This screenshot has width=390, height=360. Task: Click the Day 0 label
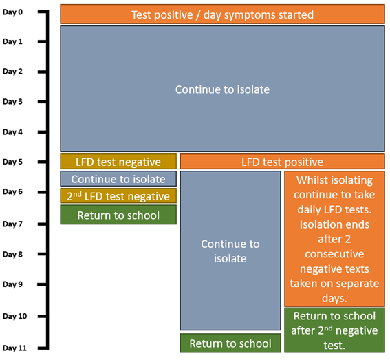(12, 12)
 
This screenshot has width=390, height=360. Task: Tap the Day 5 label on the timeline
(12, 162)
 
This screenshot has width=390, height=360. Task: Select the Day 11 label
(14, 348)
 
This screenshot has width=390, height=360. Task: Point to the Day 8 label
(12, 254)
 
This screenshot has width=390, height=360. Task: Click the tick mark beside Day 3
(42, 102)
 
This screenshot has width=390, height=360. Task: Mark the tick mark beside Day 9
(42, 284)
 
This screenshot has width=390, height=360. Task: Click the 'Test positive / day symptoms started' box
(222, 14)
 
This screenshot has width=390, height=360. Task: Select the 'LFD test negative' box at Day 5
(118, 162)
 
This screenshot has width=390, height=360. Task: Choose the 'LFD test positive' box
(282, 162)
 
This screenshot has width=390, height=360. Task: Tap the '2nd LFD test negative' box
(118, 196)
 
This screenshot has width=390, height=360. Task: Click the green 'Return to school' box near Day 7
(118, 215)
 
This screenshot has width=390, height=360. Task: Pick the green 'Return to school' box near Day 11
(230, 343)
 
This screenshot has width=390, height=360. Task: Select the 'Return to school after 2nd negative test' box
(334, 330)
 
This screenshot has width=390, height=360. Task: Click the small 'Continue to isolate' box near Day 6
(118, 179)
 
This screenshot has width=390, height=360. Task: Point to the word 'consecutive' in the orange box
(334, 254)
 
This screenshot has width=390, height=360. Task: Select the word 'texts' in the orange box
(357, 269)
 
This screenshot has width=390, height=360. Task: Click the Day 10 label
(14, 316)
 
